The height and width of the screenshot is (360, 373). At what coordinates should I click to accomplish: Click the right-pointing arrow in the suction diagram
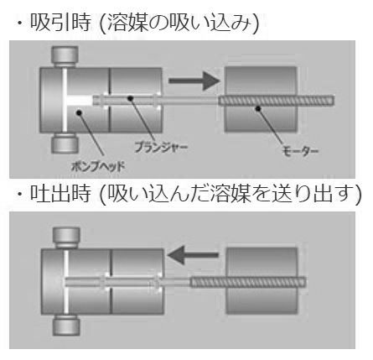point(194,81)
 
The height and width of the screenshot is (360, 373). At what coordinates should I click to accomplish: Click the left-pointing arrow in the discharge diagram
point(193,255)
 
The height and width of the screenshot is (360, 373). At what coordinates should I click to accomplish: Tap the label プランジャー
point(161,147)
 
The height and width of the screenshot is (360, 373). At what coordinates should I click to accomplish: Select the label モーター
point(300,151)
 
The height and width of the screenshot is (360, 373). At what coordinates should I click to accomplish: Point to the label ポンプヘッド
point(98,167)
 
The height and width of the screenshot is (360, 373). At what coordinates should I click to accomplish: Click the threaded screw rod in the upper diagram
point(276,101)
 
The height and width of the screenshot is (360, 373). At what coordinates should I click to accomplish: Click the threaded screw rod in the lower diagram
point(248,282)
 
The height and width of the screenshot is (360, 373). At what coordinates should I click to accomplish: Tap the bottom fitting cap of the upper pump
point(65,143)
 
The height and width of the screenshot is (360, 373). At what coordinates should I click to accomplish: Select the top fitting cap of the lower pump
point(66,237)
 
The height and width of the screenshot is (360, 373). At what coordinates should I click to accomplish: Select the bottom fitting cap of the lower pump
point(66,326)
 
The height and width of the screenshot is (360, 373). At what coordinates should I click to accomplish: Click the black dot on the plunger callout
point(130,98)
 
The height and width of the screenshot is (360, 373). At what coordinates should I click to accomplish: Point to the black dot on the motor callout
point(258,108)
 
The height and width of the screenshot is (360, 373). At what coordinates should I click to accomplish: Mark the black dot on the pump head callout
point(79,112)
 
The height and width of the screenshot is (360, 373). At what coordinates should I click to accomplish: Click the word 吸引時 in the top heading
point(60,23)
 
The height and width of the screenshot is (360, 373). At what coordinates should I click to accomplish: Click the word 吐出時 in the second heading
point(60,194)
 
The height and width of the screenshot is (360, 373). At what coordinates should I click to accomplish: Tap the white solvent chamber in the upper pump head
point(80,101)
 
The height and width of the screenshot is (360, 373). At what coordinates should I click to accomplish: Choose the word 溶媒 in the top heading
point(127,23)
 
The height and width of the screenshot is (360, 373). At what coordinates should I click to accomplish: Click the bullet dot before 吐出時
point(19,194)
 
